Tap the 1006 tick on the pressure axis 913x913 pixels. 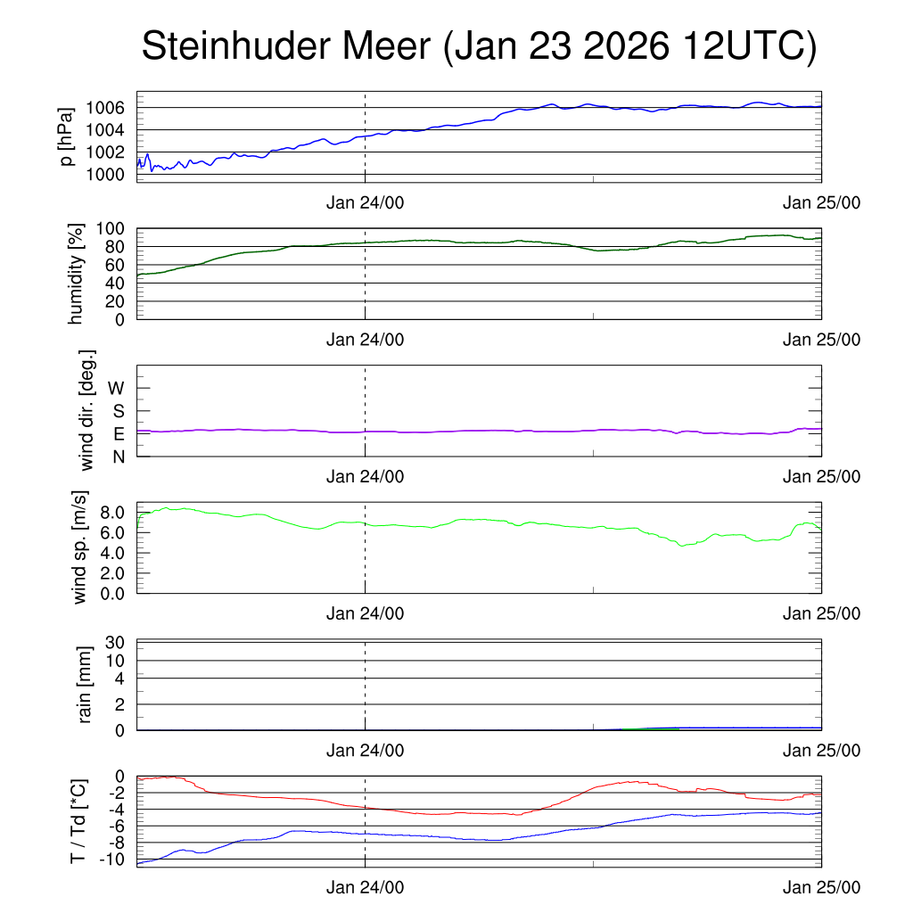pos(105,108)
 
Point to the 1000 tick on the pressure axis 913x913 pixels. pos(105,174)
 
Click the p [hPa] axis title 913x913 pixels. pos(66,136)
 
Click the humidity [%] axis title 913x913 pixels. pos(78,275)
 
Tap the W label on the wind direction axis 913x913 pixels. pos(116,388)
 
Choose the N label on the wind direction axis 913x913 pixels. pos(118,456)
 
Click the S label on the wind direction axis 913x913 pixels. pos(118,411)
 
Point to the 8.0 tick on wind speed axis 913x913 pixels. pos(111,513)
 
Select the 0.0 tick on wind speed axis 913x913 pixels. pos(111,592)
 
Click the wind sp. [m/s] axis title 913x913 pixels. pos(81,548)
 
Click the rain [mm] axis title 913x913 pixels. pos(86,685)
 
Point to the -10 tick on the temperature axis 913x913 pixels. pos(111,860)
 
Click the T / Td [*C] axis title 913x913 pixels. pos(78,821)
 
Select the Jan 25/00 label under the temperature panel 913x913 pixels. pos(821,887)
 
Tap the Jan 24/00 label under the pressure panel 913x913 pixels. pos(365,202)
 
